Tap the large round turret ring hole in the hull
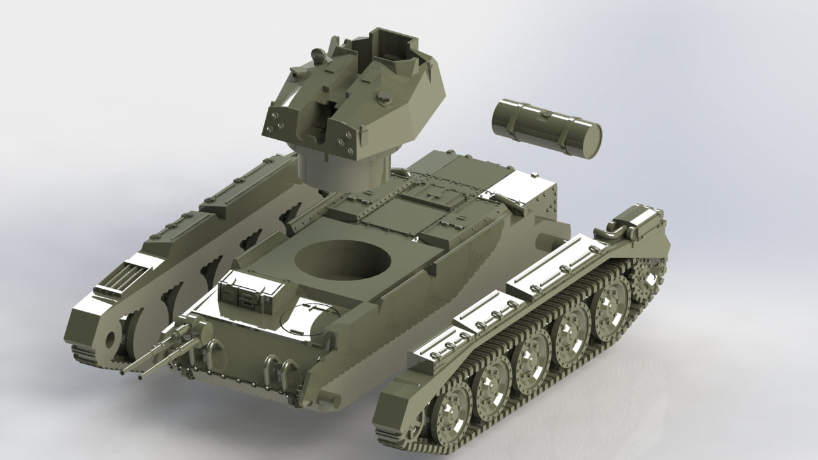click(344, 259)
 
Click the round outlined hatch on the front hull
click(309, 318)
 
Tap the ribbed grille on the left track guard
click(121, 277)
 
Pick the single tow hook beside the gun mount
click(213, 349)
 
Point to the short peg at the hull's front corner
click(329, 397)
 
